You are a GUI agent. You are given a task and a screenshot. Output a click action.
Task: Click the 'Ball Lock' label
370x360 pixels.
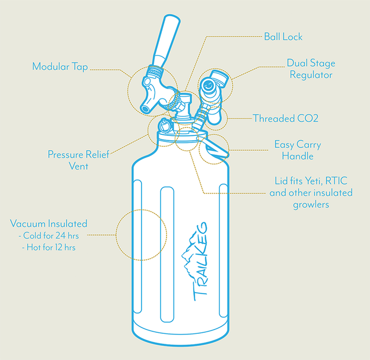coord(283,36)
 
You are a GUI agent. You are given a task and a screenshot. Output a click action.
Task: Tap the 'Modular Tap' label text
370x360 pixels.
coord(60,66)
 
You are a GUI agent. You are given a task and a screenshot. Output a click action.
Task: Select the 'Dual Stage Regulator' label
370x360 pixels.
coord(311,69)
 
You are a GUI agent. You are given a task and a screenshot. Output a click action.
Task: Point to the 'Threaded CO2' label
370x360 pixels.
coord(286,118)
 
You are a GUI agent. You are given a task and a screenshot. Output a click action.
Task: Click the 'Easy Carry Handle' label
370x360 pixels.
coord(298,150)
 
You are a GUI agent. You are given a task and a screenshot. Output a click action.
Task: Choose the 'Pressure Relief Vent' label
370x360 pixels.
coord(78,160)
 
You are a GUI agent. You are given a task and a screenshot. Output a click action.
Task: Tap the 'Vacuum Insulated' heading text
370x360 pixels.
coord(48,224)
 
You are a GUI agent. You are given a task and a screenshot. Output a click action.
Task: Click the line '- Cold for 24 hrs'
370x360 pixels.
coord(48,235)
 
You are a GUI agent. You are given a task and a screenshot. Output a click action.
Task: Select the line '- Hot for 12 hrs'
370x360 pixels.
coord(48,247)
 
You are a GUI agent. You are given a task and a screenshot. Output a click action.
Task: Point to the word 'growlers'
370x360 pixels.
coord(311,204)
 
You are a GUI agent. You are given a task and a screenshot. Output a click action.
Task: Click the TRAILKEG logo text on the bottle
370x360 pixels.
coord(201,262)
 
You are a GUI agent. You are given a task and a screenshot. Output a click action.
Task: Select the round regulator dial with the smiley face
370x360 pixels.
coord(208,85)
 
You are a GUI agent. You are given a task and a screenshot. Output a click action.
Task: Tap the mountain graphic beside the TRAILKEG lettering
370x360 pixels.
coord(189,255)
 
